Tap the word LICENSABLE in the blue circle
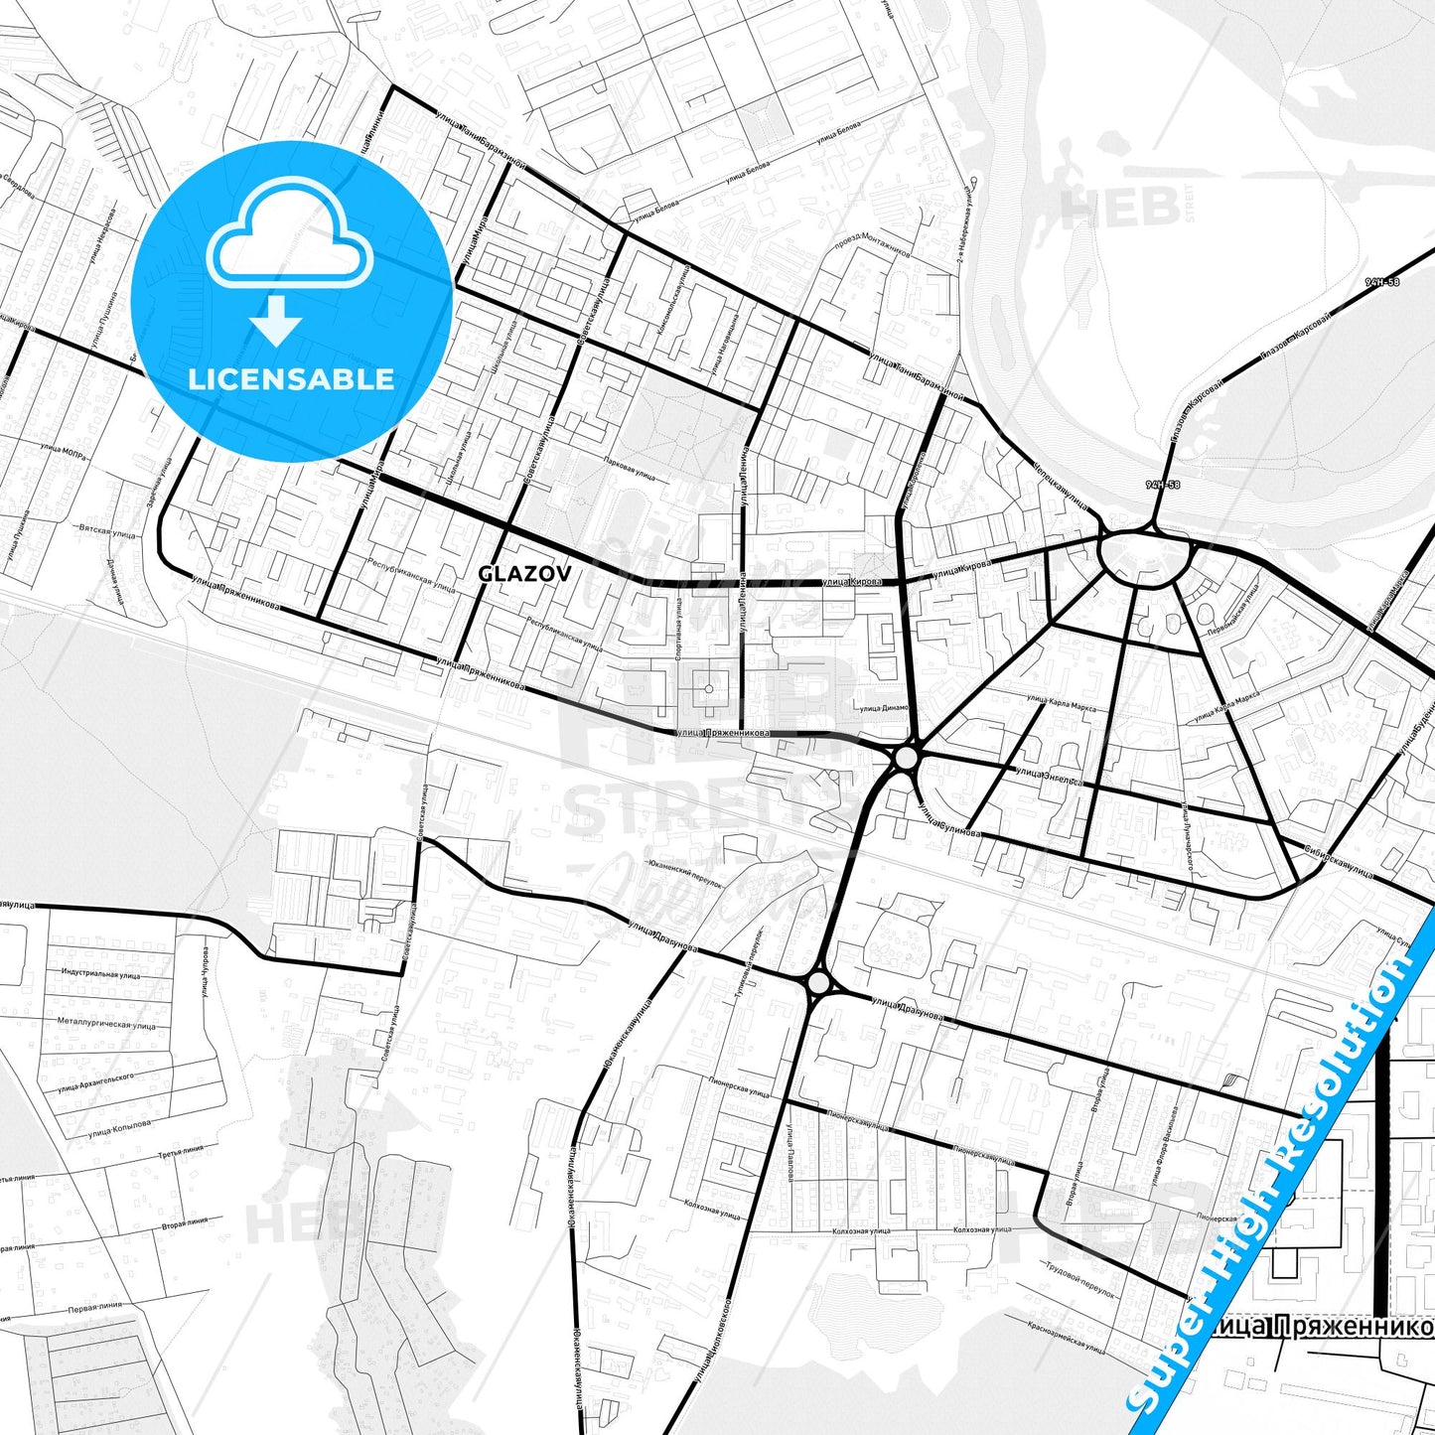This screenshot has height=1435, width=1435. [x=292, y=378]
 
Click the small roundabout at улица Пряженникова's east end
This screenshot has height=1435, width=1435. [x=906, y=759]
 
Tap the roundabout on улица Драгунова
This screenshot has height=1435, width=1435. [x=818, y=983]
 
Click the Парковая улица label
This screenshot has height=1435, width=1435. [x=630, y=467]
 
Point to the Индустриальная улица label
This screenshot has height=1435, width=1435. [x=100, y=974]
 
